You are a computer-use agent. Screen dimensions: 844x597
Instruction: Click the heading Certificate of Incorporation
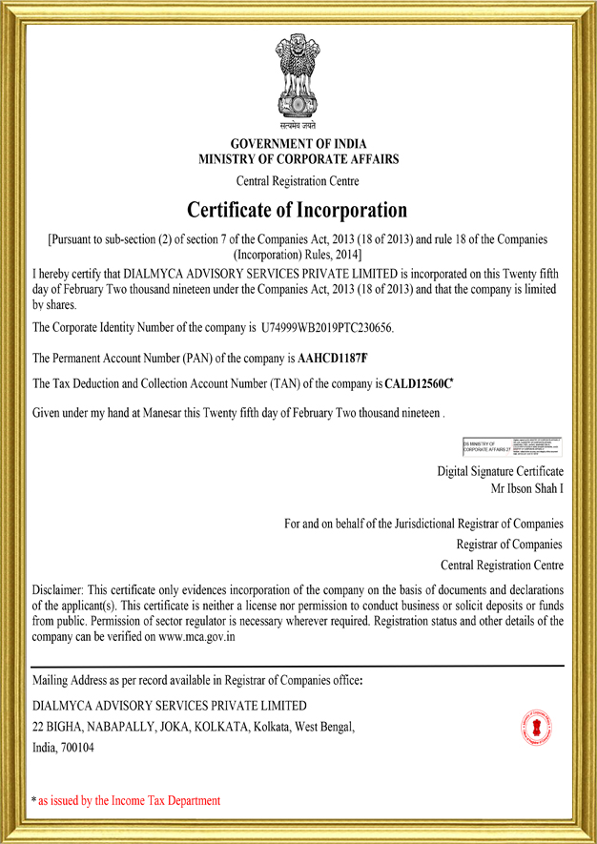(298, 209)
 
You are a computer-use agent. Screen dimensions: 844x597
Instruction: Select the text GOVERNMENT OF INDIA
(298, 144)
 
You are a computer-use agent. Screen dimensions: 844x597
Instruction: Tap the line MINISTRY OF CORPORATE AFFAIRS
(298, 159)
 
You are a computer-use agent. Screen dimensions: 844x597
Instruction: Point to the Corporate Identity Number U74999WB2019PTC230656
(326, 328)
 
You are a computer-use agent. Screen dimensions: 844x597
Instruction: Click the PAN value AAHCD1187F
(332, 359)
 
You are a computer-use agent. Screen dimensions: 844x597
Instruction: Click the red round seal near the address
(537, 728)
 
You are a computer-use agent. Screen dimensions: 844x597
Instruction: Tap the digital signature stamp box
(512, 446)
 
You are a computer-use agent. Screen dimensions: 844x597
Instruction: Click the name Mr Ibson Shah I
(526, 488)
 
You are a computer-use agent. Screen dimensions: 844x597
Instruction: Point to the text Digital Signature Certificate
(500, 471)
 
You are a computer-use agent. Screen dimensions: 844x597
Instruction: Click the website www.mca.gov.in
(196, 636)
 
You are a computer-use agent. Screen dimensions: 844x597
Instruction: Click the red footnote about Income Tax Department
(127, 800)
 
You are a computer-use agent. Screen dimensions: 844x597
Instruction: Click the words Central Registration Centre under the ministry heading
(298, 180)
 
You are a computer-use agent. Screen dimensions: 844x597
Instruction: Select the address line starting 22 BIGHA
(194, 728)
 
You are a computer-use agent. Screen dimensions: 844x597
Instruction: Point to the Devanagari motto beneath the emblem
(298, 124)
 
